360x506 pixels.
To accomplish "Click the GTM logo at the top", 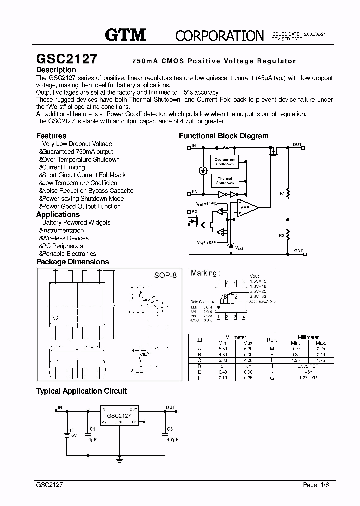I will click(125, 34).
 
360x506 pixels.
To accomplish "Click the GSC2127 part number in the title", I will click(67, 58).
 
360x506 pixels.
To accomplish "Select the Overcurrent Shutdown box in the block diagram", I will click(224, 162).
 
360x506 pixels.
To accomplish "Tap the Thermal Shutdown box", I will click(224, 181).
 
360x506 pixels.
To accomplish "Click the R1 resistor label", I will click(282, 192).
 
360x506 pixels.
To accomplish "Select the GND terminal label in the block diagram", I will click(299, 250).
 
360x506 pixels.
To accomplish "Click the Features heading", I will click(51, 136).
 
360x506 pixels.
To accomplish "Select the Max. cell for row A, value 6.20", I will click(248, 349).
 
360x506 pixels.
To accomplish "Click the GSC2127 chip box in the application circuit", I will click(119, 416).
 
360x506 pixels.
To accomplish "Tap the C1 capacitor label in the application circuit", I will click(92, 428).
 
